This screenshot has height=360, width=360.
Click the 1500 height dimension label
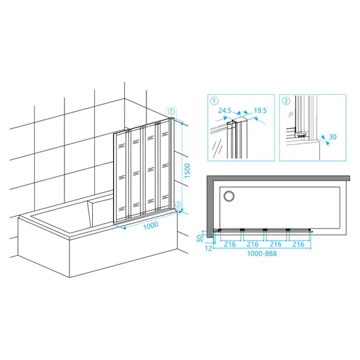click(188, 171)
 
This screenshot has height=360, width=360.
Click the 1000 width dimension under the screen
click(150, 225)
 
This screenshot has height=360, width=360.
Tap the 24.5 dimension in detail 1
click(225, 111)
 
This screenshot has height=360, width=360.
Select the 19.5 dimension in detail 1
click(260, 111)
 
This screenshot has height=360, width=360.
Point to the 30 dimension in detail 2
click(332, 137)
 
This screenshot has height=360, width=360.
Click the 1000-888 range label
click(261, 253)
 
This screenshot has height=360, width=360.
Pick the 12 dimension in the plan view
click(208, 248)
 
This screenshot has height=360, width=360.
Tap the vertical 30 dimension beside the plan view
click(200, 238)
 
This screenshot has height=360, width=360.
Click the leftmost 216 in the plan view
click(230, 244)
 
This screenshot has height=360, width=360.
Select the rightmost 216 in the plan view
click(298, 244)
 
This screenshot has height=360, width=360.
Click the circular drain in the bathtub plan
click(229, 196)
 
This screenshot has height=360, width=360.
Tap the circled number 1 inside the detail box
click(214, 101)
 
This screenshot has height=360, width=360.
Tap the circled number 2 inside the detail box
click(286, 101)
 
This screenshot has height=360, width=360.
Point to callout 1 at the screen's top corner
click(172, 112)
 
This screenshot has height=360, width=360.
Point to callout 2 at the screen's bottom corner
click(178, 205)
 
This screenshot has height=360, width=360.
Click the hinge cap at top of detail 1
click(230, 124)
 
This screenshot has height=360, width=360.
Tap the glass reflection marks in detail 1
click(217, 148)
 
